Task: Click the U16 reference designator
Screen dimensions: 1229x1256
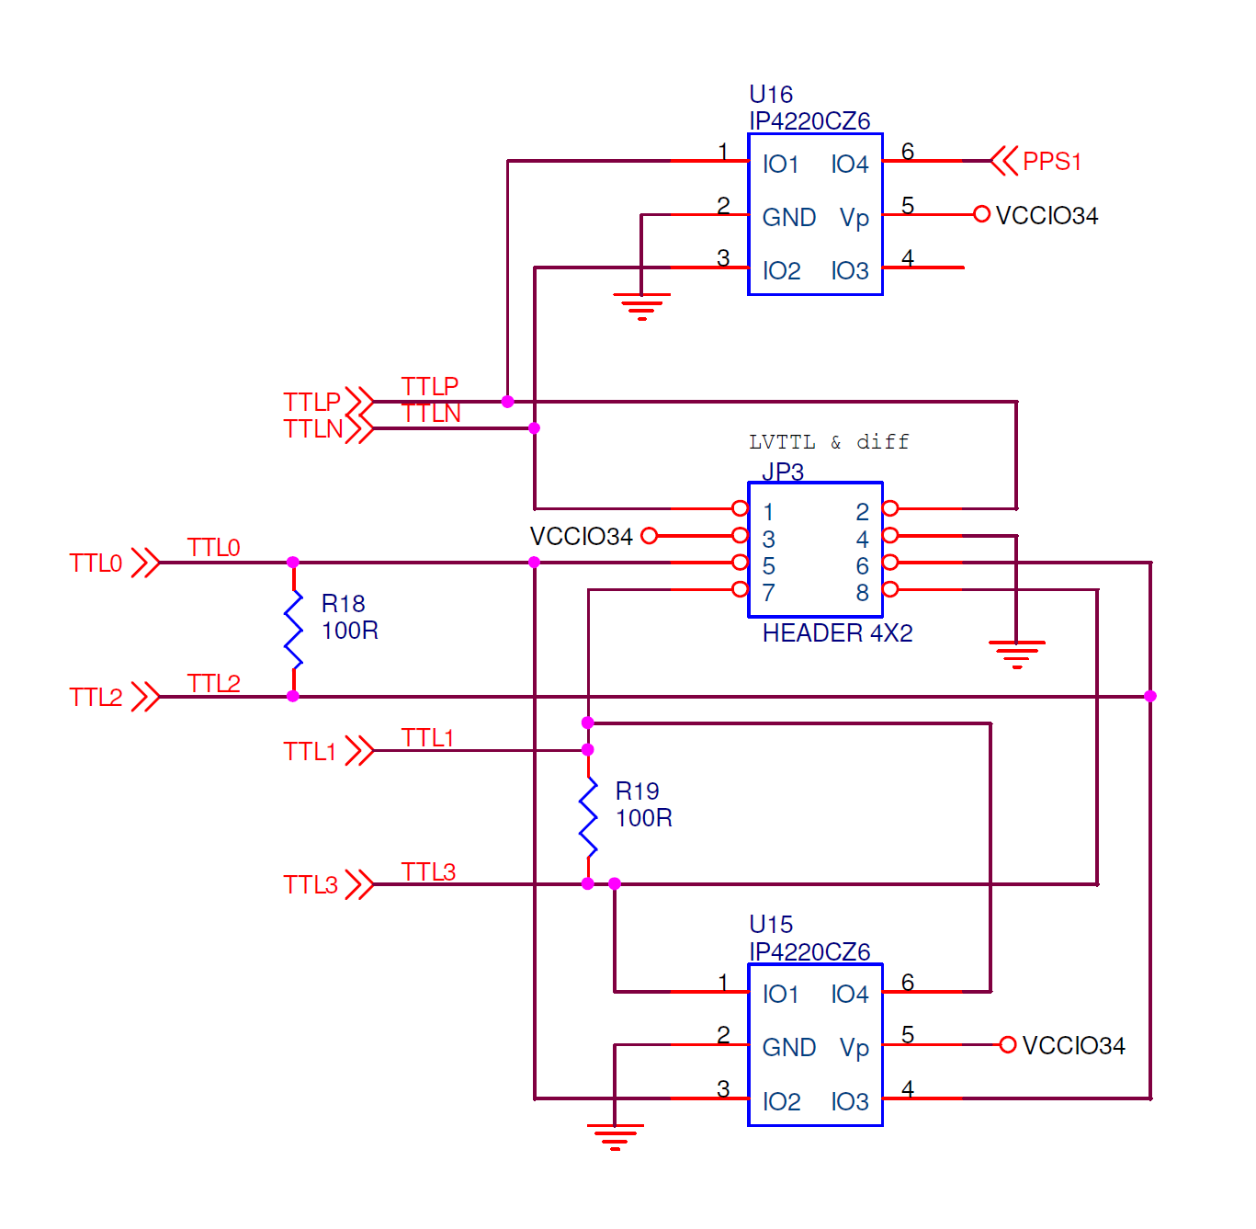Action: [770, 95]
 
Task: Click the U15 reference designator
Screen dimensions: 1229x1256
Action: [770, 925]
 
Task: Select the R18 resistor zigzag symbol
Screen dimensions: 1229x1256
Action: [293, 630]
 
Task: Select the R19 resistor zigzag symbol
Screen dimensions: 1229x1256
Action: [588, 817]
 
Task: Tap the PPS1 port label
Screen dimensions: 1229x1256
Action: [1051, 162]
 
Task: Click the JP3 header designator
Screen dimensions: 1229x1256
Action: [783, 472]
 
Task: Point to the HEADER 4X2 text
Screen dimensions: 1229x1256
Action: [837, 633]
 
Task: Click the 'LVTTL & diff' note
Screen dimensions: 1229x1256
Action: [828, 442]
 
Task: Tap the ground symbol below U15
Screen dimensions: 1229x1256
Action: [615, 1136]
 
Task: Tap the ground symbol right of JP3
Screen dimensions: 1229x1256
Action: [1016, 654]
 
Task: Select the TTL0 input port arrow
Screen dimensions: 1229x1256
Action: [145, 563]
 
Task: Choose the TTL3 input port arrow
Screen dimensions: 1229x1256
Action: [360, 884]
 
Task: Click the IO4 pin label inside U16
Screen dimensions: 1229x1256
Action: [849, 165]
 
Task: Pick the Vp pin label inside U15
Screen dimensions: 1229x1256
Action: [854, 1048]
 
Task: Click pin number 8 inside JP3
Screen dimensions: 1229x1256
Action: [862, 593]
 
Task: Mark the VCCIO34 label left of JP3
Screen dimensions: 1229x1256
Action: [581, 537]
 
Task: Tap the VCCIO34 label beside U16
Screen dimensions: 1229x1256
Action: [1047, 216]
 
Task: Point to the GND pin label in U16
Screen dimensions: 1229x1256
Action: [788, 218]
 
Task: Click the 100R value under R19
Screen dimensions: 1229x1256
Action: [643, 818]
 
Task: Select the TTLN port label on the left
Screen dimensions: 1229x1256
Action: [312, 429]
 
